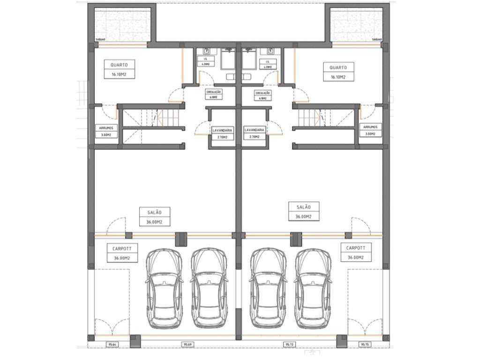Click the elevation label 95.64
point(112,345)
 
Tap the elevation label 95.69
point(187,345)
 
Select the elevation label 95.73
point(289,345)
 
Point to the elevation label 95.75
point(365,345)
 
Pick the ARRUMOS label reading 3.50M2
point(370,130)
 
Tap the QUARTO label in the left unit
point(120,70)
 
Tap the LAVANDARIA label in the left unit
point(222,133)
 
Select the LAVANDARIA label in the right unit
point(255,133)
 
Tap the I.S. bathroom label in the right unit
point(268,64)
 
